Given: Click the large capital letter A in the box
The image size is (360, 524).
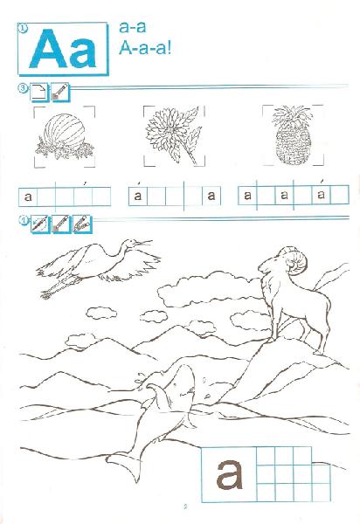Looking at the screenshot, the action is (48, 49).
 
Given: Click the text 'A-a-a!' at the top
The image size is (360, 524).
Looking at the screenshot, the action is (145, 48).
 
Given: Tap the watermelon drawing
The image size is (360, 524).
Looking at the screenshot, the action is (65, 131).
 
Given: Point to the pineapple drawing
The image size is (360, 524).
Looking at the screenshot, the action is (293, 135).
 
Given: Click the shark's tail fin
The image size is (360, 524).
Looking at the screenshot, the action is (125, 463).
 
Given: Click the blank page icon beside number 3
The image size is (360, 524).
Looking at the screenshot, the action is (39, 93).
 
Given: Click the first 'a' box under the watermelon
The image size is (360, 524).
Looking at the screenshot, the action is (28, 196).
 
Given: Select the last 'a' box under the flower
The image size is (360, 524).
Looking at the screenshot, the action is (211, 196).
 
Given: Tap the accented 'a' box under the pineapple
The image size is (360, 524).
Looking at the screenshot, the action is (321, 195).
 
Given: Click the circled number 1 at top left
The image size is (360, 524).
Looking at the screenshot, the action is (22, 29).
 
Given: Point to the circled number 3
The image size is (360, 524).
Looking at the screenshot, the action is (23, 88).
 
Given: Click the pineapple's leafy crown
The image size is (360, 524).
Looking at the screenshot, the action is (292, 116).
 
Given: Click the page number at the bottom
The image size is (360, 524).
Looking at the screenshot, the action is (185, 507).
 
